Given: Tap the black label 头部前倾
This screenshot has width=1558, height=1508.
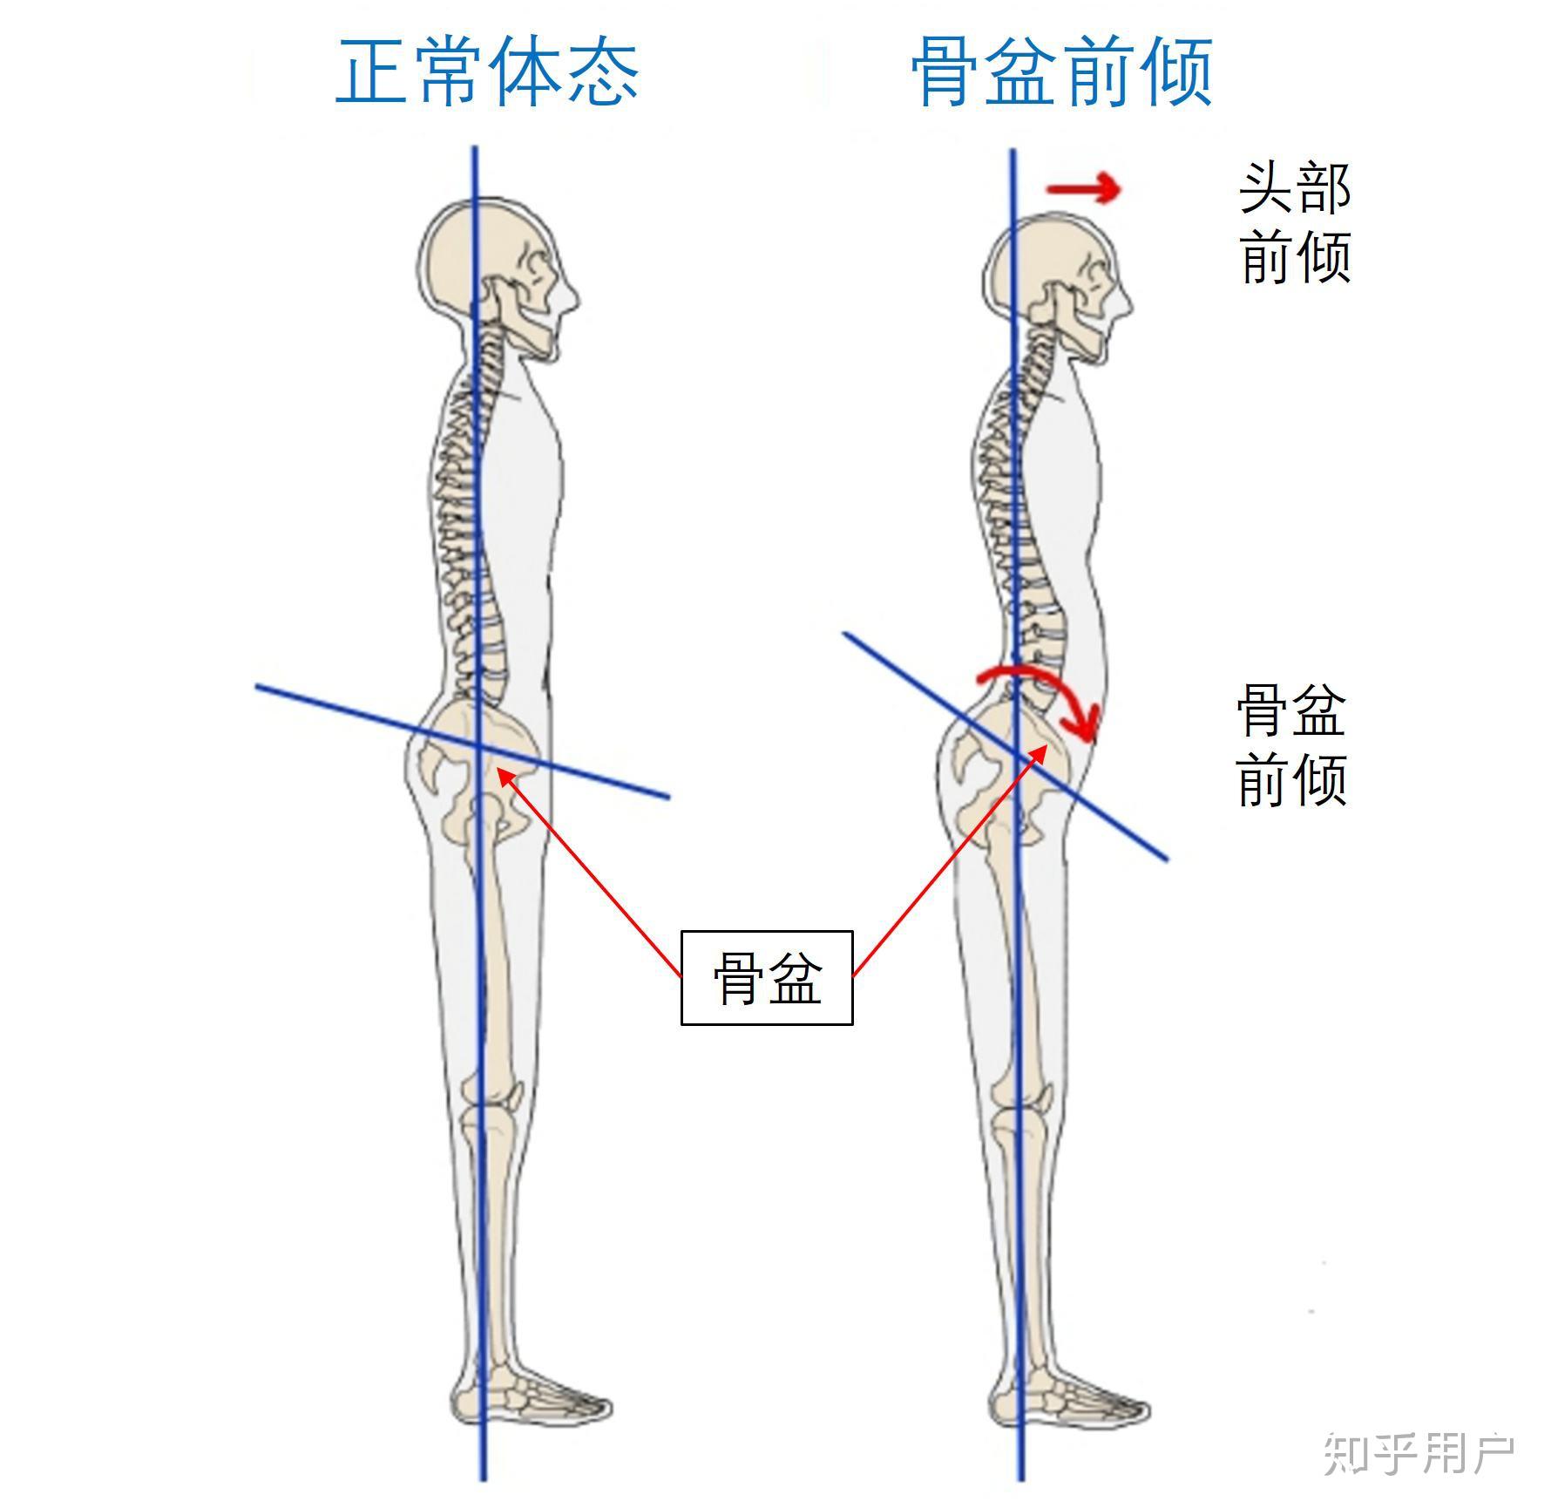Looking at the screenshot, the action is click(x=1295, y=222).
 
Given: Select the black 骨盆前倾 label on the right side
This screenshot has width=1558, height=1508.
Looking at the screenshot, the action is click(x=1291, y=745).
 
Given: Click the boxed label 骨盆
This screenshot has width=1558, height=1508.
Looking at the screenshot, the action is click(x=766, y=978).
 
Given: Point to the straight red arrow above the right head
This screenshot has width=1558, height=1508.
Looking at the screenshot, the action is click(x=1083, y=188).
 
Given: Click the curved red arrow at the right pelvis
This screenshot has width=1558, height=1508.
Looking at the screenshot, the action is click(x=1046, y=689).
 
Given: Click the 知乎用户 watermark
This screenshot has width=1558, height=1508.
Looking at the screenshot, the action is click(x=1419, y=1453).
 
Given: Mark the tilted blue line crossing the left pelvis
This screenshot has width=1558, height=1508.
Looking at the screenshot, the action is click(x=349, y=711).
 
